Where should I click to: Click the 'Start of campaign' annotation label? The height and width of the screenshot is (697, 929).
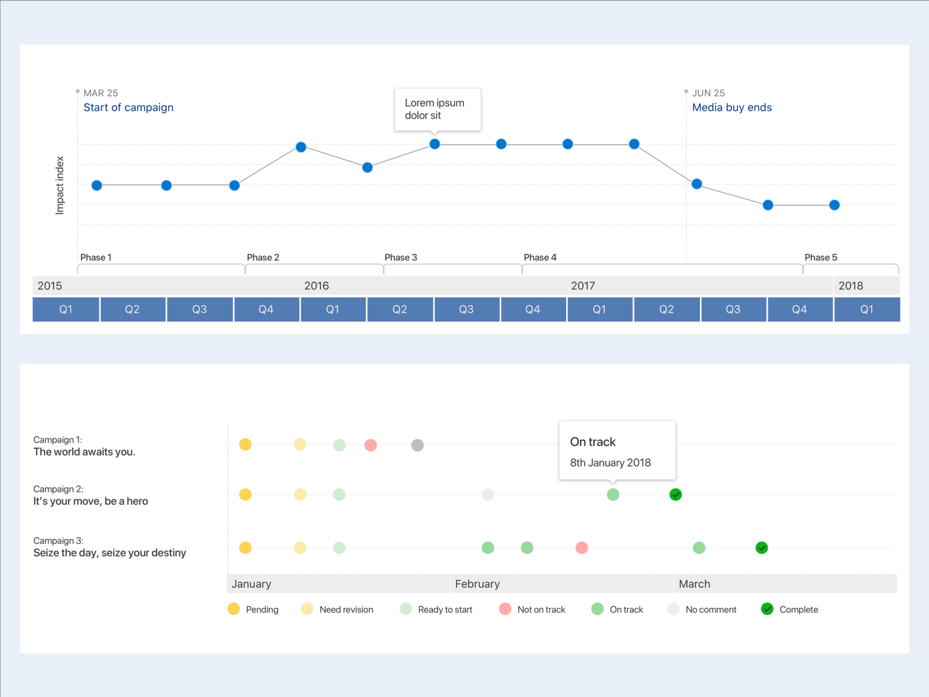(128, 107)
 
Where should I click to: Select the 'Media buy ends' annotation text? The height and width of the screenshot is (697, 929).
(732, 107)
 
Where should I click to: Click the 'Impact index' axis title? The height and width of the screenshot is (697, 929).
(60, 185)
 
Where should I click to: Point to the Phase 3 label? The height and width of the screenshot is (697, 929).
(401, 257)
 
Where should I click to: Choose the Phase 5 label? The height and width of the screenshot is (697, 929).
(820, 257)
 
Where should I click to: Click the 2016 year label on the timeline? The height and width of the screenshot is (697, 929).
(316, 286)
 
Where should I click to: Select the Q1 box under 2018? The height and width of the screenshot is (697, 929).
(866, 310)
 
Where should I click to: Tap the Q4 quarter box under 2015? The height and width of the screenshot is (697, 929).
(266, 310)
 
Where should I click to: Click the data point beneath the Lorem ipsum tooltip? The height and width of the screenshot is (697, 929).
(435, 144)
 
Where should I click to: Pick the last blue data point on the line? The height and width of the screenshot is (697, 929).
(834, 205)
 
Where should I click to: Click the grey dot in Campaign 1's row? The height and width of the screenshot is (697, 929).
(417, 445)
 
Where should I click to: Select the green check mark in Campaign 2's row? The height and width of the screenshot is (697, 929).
(675, 495)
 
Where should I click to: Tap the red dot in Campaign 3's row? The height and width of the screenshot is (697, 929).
(582, 548)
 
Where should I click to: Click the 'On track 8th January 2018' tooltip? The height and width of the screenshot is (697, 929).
(617, 451)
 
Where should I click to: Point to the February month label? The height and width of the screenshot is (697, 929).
(477, 584)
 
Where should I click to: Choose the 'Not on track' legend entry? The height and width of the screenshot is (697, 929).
(532, 609)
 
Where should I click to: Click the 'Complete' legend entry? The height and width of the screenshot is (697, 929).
(790, 609)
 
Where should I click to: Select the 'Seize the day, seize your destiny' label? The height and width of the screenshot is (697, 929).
(110, 553)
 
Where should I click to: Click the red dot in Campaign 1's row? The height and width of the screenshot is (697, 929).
(370, 445)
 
